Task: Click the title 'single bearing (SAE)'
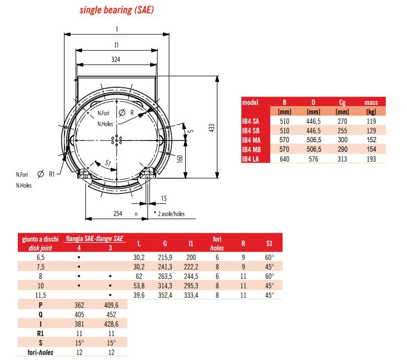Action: (x=117, y=10)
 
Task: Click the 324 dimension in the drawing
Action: (x=116, y=58)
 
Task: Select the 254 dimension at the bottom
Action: (x=117, y=213)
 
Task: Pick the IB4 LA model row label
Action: (x=251, y=159)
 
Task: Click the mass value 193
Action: (x=371, y=159)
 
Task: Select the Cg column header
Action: (x=342, y=102)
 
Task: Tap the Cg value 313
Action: (x=342, y=159)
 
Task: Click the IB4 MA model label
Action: (x=251, y=141)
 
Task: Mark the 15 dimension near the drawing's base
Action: (x=163, y=198)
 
